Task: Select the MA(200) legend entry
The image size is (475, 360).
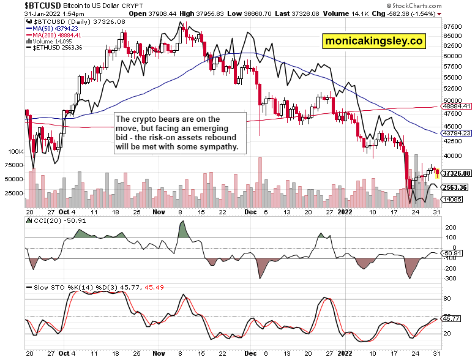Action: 53,35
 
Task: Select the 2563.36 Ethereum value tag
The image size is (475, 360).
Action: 455,187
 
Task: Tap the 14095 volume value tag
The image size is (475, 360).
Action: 453,199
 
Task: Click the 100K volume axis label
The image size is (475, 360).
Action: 14,151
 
